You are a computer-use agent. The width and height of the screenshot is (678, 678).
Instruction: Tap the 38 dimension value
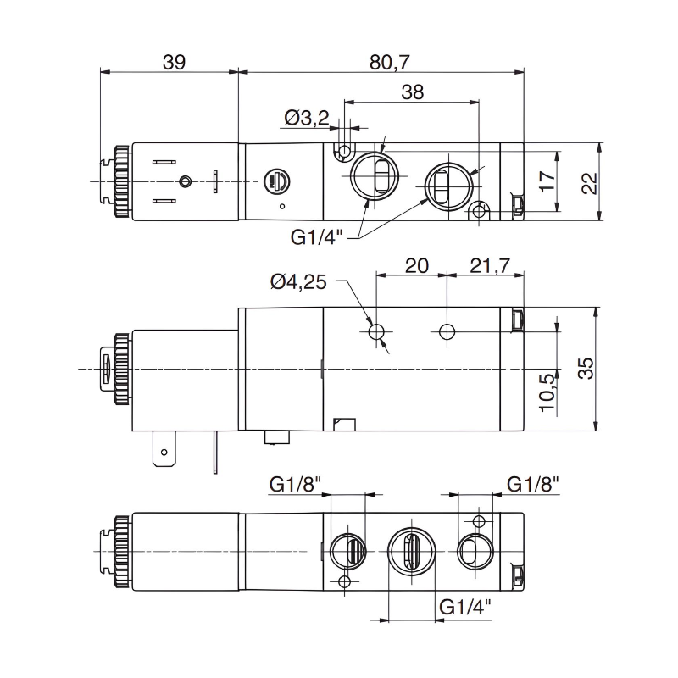412,92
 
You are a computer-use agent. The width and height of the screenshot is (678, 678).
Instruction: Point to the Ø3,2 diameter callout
307,119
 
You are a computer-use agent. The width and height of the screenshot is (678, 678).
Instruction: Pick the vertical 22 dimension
591,183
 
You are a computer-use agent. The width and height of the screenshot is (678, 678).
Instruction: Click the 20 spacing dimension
416,265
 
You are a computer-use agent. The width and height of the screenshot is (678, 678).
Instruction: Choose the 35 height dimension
590,368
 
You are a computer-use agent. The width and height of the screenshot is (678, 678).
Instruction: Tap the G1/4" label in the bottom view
467,607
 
